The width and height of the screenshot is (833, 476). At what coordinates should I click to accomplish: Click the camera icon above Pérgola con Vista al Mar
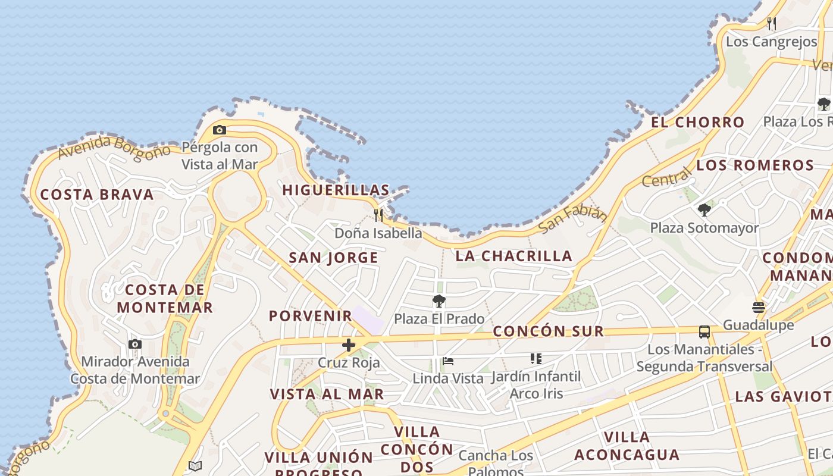click(219, 130)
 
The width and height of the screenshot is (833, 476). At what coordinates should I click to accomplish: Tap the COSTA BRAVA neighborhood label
click(97, 195)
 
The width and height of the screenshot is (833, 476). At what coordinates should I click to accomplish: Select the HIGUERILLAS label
click(336, 190)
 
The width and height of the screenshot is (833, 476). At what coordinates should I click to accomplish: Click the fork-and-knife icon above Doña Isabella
click(378, 214)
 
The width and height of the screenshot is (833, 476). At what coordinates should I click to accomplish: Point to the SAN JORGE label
click(333, 258)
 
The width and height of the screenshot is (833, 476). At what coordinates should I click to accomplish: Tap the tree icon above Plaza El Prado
click(439, 301)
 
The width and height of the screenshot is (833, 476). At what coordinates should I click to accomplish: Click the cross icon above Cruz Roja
click(349, 345)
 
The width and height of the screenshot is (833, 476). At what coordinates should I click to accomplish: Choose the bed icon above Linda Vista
click(448, 361)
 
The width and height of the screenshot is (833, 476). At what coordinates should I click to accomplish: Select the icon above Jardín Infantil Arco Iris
click(536, 359)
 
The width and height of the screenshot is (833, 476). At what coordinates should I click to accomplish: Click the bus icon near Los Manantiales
click(704, 332)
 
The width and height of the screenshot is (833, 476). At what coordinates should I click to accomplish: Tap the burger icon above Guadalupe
click(759, 308)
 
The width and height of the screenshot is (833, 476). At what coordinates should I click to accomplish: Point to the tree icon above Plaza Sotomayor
click(704, 209)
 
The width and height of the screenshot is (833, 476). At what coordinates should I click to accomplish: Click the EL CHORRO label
click(697, 123)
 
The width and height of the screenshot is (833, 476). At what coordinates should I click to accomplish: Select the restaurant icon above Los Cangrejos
click(772, 24)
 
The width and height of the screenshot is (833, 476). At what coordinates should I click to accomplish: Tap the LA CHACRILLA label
click(514, 256)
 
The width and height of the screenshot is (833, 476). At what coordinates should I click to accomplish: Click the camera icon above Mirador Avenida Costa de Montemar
click(135, 344)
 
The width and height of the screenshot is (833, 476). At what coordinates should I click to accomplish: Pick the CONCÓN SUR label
click(549, 331)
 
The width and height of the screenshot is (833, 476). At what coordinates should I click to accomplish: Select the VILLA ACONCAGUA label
click(627, 446)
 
